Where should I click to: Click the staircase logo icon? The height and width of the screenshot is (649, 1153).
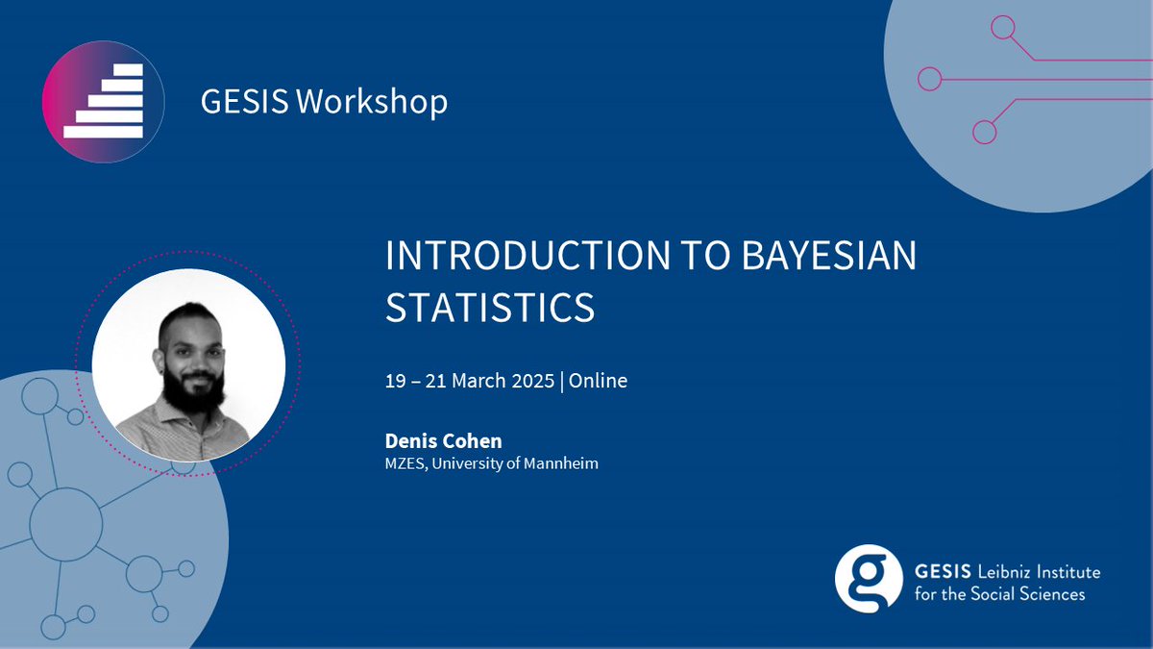(103, 101)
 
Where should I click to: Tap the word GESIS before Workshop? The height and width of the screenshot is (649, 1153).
(244, 101)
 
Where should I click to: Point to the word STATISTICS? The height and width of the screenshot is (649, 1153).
(490, 308)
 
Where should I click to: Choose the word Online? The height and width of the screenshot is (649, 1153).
(599, 381)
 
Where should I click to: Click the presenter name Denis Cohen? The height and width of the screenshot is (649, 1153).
(443, 440)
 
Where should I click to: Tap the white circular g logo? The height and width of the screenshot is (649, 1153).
(869, 579)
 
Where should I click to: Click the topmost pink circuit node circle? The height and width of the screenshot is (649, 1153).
(1003, 28)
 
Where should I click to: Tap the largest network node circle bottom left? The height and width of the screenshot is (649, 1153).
(65, 523)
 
